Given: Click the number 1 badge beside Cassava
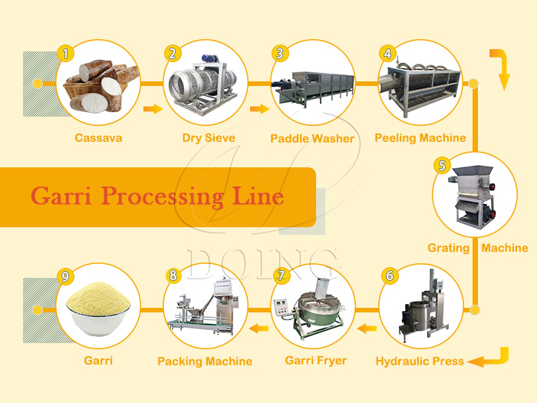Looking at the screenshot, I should coord(67,54).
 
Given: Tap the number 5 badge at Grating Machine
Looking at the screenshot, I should coord(441,165).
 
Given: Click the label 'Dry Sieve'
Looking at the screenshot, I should coord(209,138).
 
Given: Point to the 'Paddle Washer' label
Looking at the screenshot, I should coord(312,139).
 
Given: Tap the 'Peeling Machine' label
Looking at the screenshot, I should coord(420,138).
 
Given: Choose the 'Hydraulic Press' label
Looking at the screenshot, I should coord(420,361).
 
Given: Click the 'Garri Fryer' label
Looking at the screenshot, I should coord(315,360).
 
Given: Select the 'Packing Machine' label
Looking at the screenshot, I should coord(205,361).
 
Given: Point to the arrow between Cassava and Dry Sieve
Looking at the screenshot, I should coord(153,109).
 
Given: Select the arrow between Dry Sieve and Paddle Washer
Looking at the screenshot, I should coord(260,109).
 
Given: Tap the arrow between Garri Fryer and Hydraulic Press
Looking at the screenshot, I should coord(367,329).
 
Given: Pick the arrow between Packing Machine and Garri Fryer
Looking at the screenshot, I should coord(259,329).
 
